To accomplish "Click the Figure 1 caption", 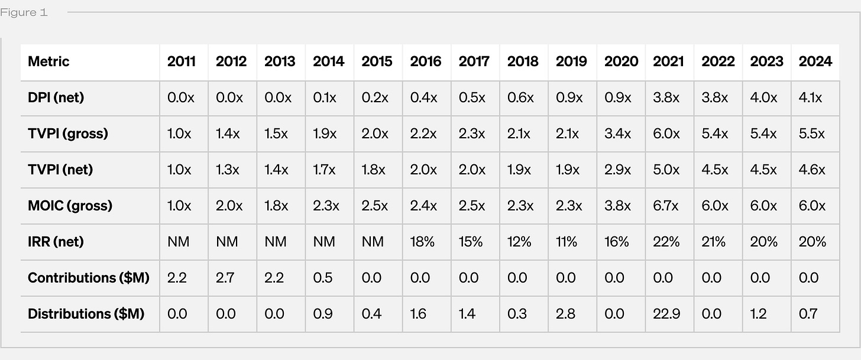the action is click(x=24, y=12).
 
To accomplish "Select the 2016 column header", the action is click(x=426, y=61).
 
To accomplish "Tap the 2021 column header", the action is click(x=668, y=61).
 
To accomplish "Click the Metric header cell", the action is click(x=48, y=61).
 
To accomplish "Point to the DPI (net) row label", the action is click(x=56, y=98).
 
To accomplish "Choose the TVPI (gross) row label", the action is click(x=67, y=134).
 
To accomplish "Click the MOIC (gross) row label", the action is click(x=70, y=206).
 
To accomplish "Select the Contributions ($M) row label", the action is click(x=89, y=278).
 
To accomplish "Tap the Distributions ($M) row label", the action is click(x=86, y=314).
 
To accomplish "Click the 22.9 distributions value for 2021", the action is click(x=666, y=314).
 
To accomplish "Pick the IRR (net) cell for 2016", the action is click(x=422, y=242).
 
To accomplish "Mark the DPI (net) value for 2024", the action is click(x=810, y=98).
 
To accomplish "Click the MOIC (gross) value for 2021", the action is click(x=665, y=206).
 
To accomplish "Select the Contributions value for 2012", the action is click(x=225, y=278).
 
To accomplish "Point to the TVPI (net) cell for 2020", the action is click(x=618, y=170).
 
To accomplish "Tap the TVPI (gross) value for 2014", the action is click(x=325, y=134).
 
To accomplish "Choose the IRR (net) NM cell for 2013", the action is click(x=275, y=242).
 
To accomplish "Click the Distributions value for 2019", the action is click(x=565, y=314).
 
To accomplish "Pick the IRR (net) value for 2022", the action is click(x=713, y=242).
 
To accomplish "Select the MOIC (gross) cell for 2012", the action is click(x=229, y=206).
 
